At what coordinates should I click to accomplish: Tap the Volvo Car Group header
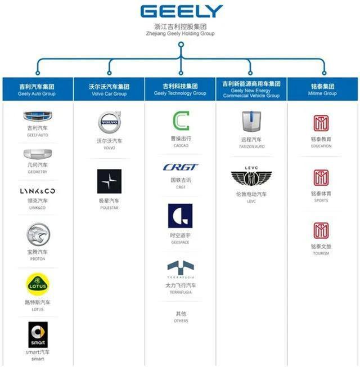(109, 89)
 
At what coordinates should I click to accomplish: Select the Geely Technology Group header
(180, 89)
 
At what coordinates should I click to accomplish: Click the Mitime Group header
(322, 89)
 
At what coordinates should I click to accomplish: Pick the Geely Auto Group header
(37, 89)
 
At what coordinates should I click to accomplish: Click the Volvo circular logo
(109, 122)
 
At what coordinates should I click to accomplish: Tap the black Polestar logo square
(109, 181)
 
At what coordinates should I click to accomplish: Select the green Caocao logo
(180, 121)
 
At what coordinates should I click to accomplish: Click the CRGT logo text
(180, 167)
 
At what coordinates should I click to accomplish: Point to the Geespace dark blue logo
(180, 216)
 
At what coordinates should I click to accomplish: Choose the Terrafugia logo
(180, 269)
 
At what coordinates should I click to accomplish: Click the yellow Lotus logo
(37, 285)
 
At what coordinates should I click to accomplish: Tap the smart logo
(38, 334)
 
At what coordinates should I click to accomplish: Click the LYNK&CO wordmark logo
(37, 191)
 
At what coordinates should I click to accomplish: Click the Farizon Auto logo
(251, 122)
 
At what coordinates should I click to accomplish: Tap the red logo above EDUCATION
(322, 123)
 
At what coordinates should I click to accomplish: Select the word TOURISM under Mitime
(322, 253)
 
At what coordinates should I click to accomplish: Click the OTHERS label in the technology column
(180, 321)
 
